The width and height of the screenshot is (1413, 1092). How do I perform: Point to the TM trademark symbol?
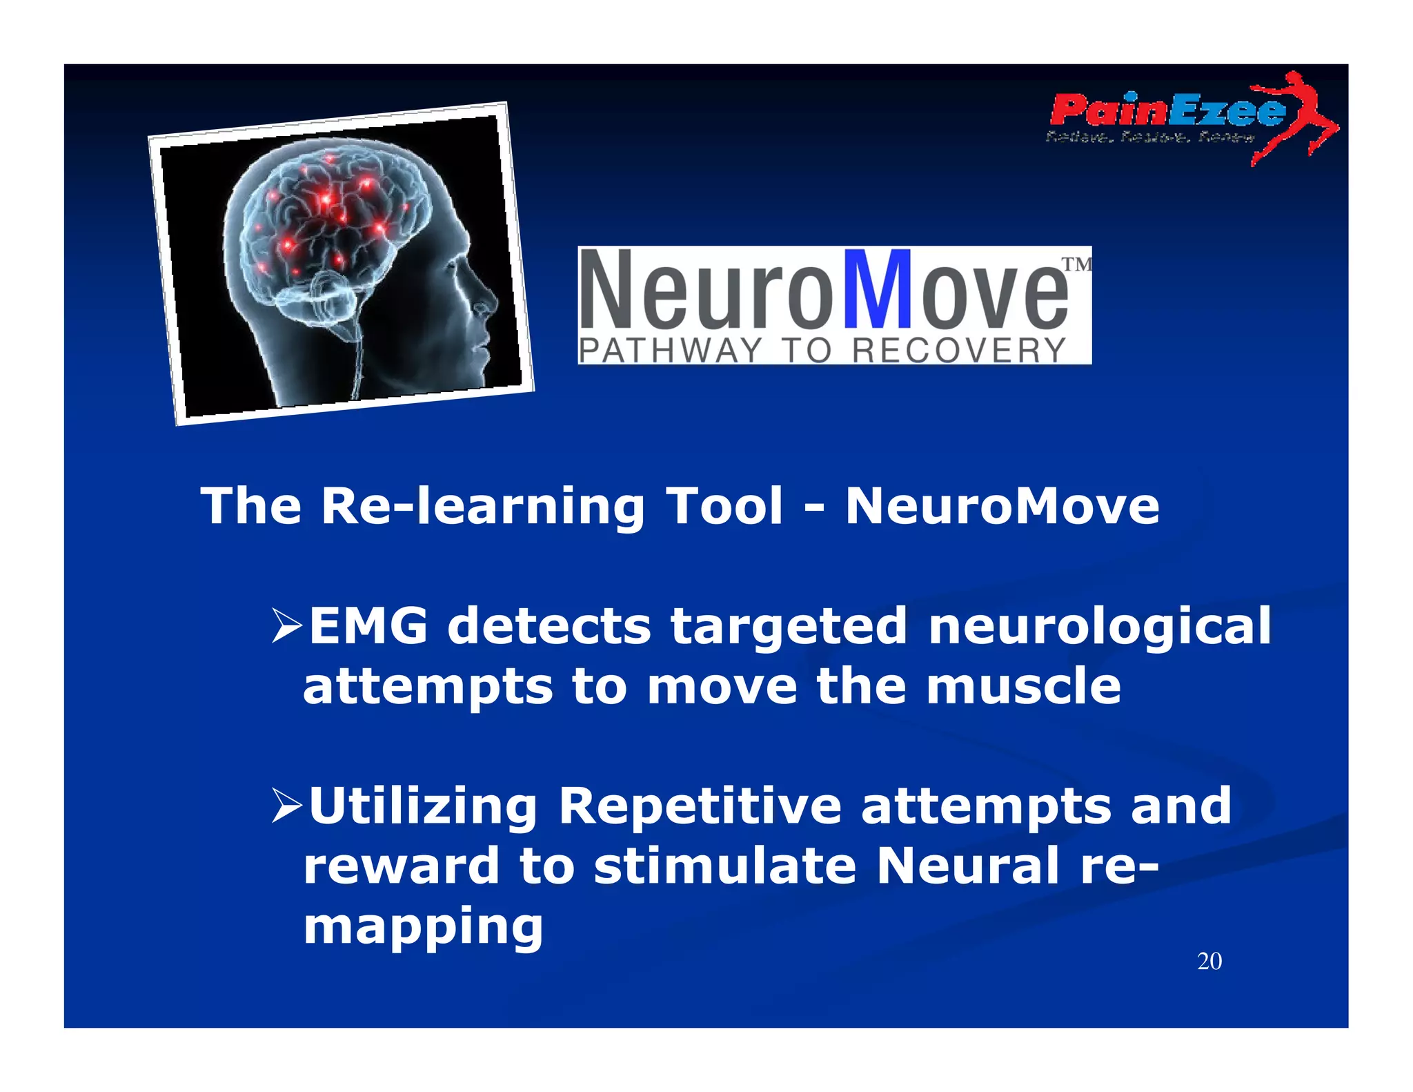pos(1076,264)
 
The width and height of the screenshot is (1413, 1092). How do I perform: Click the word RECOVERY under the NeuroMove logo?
pos(959,351)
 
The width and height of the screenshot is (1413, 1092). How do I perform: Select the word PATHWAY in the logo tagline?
pos(670,351)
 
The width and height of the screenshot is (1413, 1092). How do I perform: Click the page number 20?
pos(1209,962)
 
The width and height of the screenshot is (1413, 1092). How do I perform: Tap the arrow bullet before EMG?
pos(287,624)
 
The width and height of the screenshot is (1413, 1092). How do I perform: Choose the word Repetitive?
pos(700,806)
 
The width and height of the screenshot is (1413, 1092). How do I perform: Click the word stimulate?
pos(725,866)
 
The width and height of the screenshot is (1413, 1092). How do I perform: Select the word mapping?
pos(423,928)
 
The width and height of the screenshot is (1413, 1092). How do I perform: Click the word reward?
pos(401,866)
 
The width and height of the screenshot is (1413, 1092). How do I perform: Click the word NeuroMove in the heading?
pos(1002,506)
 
